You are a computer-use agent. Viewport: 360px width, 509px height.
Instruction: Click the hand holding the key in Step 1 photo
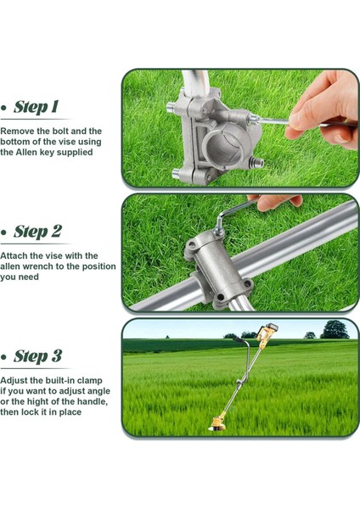click(x=328, y=106)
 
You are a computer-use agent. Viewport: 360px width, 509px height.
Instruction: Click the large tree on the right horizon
click(x=335, y=329)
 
